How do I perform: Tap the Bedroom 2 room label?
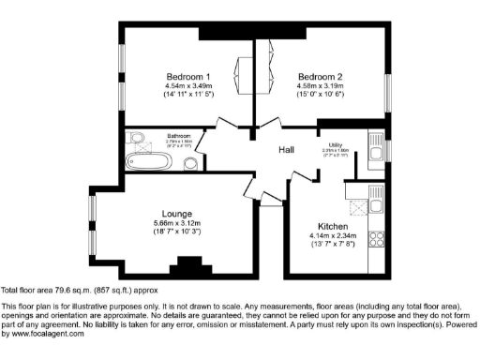click(x=321, y=76)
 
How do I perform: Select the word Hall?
click(x=288, y=150)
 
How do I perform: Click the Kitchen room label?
click(x=334, y=226)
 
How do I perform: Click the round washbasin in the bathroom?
click(x=191, y=163)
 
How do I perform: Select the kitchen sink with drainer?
click(x=378, y=199)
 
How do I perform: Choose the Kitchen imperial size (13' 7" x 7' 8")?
click(x=335, y=246)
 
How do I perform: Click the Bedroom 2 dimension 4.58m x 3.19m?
click(x=321, y=86)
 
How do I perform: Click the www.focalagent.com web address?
click(x=43, y=334)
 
